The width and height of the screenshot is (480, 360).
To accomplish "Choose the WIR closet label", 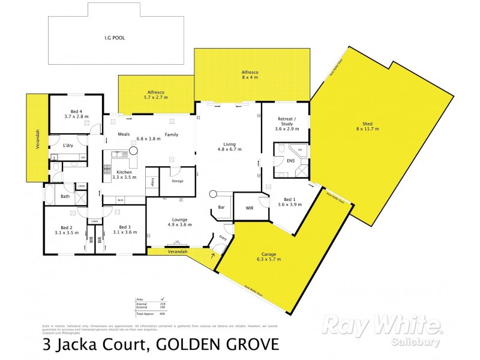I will click(x=250, y=208).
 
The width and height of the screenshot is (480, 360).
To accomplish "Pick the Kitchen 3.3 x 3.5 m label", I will click(x=124, y=174).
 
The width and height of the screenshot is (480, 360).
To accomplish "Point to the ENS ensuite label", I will click(x=290, y=161).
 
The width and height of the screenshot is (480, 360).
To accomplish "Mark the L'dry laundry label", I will click(x=68, y=146).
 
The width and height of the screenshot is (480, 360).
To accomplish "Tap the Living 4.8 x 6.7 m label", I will click(x=230, y=147).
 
